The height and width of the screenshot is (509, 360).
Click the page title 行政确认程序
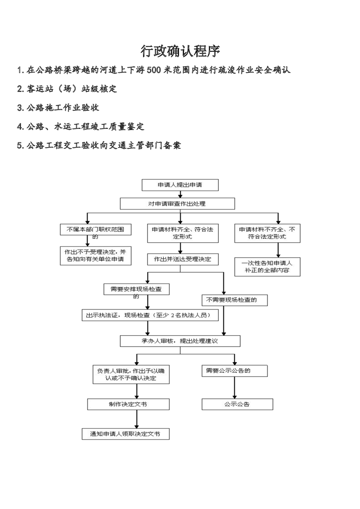180,51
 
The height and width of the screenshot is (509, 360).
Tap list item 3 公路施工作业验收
58,108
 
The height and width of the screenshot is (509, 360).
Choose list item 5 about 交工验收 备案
99,146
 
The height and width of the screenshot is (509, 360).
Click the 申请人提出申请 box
180,185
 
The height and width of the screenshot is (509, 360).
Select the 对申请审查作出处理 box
177,204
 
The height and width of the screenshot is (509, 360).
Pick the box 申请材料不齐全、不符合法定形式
267,233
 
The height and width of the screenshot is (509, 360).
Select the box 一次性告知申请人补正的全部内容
267,267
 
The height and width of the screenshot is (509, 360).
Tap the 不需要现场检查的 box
234,300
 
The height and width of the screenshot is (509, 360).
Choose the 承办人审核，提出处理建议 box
180,341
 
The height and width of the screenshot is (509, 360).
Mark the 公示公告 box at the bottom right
237,404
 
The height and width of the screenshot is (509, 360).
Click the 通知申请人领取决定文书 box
125,434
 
